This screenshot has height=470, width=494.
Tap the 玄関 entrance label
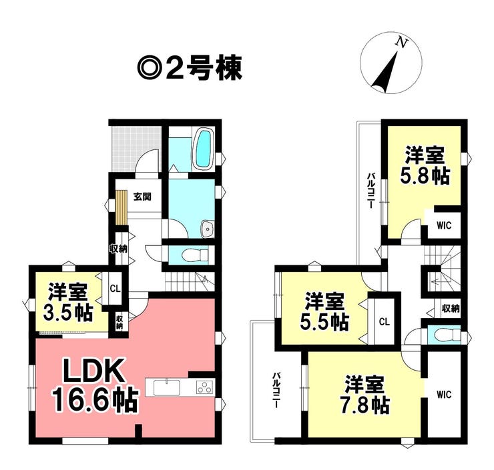pos(142,197)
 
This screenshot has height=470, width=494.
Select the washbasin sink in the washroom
pos(208,228)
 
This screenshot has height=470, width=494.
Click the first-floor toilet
pos(196,255)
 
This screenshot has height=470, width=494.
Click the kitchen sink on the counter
pos(167,387)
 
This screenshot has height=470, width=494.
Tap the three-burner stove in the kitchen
pos(204,387)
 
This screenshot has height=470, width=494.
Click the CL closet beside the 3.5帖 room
pos(115,288)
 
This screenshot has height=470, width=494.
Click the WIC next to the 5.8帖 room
pos(444,225)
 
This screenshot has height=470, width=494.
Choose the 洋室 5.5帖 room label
pos(324,311)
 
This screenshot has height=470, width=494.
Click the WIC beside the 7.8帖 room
pos(444,394)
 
